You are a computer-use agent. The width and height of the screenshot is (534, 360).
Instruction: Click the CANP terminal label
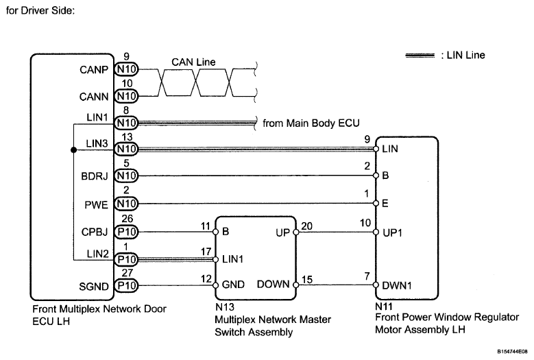tap(95, 69)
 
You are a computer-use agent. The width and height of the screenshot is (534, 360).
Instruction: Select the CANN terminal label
tap(95, 95)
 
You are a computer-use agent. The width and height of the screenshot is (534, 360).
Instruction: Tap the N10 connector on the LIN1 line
tap(126, 123)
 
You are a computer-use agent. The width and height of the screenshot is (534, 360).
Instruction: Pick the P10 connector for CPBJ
tap(126, 232)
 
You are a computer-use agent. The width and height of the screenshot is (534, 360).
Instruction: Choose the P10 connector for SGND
tap(126, 285)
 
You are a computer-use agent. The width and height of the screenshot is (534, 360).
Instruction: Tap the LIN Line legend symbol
tap(420, 56)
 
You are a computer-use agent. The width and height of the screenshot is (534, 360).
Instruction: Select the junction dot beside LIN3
tap(73, 149)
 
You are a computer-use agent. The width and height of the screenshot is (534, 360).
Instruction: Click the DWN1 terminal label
tap(396, 285)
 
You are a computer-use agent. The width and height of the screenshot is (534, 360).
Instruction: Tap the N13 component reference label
tap(223, 309)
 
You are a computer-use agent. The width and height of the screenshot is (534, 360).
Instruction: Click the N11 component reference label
tap(383, 309)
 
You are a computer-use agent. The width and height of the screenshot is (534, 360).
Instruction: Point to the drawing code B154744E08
tap(509, 350)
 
